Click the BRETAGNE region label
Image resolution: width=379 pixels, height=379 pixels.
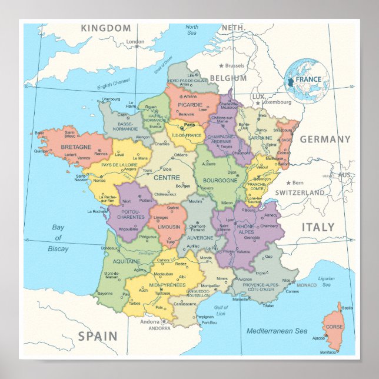point(75,147)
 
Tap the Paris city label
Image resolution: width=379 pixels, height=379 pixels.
point(189,125)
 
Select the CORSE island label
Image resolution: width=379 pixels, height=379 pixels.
point(334,327)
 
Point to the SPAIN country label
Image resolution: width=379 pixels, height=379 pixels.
point(98,337)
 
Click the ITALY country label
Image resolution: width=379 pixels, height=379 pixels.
point(318,227)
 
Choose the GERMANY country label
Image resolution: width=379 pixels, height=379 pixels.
point(325,139)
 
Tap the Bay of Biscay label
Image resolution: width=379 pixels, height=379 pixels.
point(58,238)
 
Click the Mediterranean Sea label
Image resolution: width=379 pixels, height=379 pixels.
point(277,331)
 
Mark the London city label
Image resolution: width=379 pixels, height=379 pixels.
point(135,42)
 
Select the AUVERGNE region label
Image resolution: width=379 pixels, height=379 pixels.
point(200,238)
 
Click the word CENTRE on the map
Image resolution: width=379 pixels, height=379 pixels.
point(167,177)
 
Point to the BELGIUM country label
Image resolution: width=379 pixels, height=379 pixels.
point(228,78)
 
